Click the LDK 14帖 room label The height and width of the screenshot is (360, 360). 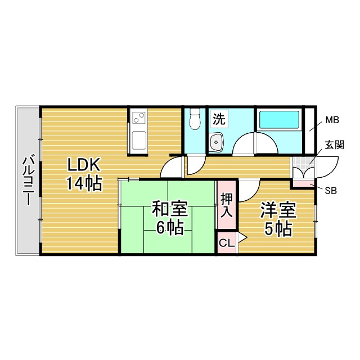click(x=84, y=174)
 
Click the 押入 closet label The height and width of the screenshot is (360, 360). click(x=227, y=205)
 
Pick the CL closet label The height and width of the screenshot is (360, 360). click(x=226, y=243)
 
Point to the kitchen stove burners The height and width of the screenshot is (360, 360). click(x=138, y=118)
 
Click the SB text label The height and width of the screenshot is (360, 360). click(x=330, y=190)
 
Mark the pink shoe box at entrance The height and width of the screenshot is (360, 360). click(x=303, y=184)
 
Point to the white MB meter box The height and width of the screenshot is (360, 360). click(x=309, y=130)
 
